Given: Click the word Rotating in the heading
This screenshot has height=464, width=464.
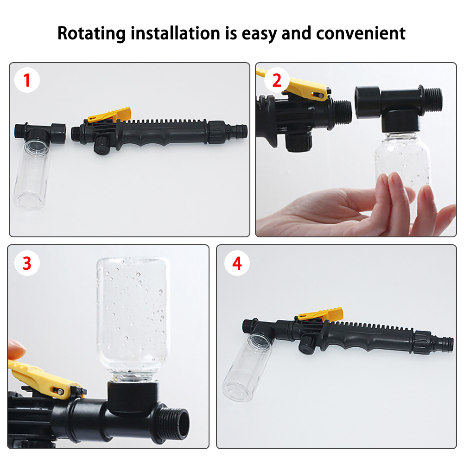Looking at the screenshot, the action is pyautogui.click(x=91, y=33).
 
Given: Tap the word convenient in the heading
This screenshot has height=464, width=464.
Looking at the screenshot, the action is pyautogui.click(x=361, y=33).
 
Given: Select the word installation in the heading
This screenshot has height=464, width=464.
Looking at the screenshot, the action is pyautogui.click(x=176, y=33).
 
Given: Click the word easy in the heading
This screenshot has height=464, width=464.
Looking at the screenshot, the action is pyautogui.click(x=259, y=34).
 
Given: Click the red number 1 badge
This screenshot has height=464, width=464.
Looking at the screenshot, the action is pyautogui.click(x=27, y=80).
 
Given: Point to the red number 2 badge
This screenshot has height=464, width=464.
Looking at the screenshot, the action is pyautogui.click(x=277, y=80).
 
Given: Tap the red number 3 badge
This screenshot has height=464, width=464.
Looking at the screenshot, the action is pyautogui.click(x=27, y=263).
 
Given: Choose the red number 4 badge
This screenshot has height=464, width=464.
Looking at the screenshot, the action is pyautogui.click(x=237, y=263).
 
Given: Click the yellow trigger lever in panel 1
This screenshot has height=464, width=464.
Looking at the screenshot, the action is pyautogui.click(x=109, y=115).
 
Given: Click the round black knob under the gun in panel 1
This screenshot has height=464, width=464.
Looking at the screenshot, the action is pyautogui.click(x=102, y=145).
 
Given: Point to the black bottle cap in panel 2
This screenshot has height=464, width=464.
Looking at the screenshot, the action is pyautogui.click(x=400, y=121).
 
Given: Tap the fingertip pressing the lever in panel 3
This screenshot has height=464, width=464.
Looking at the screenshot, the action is pyautogui.click(x=16, y=349).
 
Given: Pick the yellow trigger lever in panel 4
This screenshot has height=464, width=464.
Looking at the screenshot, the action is pyautogui.click(x=320, y=314).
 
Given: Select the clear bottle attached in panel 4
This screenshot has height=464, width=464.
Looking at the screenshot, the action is pyautogui.click(x=248, y=367).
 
